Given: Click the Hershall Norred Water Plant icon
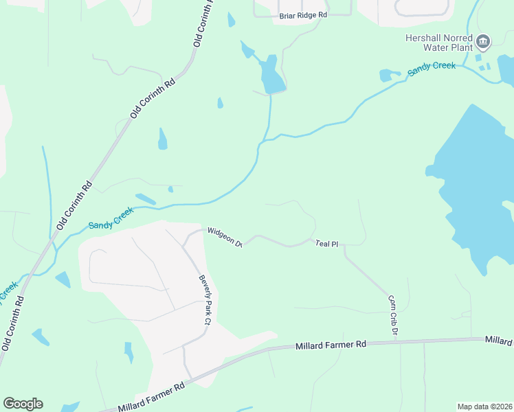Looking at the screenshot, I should pos(483,43).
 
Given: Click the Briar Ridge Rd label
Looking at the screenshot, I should pos(303,14).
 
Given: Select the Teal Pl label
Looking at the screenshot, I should pos(327,244).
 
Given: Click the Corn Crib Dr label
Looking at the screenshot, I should pos(392,315).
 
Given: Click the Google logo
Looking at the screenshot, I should pos(23,404).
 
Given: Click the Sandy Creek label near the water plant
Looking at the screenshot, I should pos(432,69).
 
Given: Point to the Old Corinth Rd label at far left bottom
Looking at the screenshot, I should pos(14,323).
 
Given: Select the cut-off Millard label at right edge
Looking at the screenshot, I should pos(499,341).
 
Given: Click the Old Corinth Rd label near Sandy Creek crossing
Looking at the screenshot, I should pos(75,204).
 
